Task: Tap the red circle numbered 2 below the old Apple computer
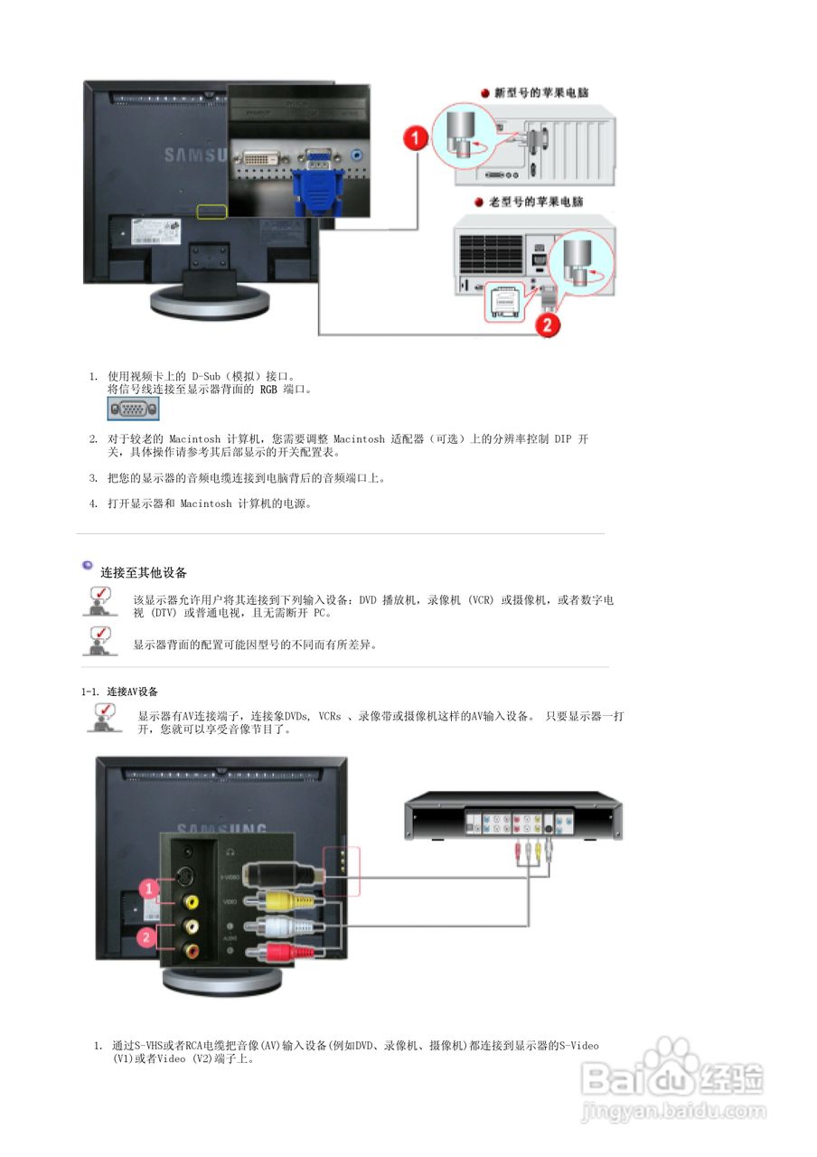546,325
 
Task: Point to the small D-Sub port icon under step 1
134,409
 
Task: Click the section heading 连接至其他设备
144,572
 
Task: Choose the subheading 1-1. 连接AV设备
119,691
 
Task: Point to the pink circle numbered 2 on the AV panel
144,937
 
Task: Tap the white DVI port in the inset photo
258,159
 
